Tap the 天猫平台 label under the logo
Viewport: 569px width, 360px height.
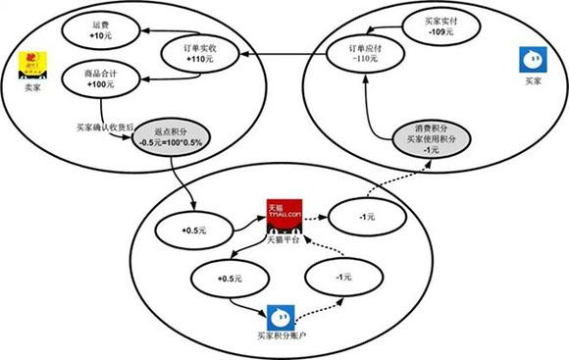point(284,240)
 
